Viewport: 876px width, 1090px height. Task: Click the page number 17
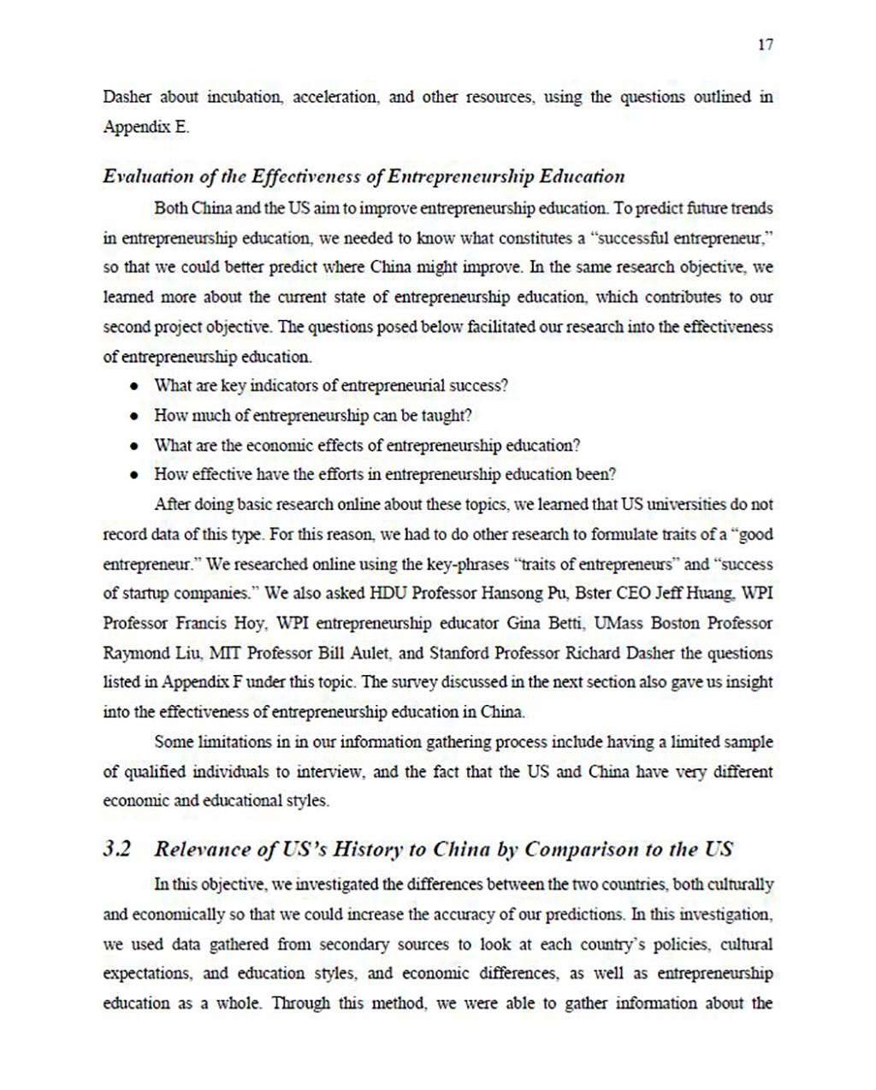[765, 45]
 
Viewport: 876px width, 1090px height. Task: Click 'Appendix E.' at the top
[146, 127]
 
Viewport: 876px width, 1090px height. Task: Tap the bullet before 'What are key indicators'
[134, 387]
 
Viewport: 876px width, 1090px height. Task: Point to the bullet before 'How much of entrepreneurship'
[134, 417]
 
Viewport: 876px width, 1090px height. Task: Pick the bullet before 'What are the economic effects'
[134, 447]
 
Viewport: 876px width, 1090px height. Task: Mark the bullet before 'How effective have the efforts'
[134, 476]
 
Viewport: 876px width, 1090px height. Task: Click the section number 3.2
[117, 850]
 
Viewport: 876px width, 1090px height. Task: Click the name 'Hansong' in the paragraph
[512, 594]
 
